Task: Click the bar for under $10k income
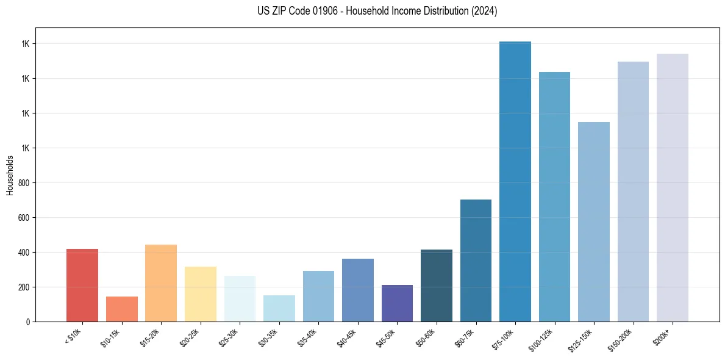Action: pyautogui.click(x=82, y=286)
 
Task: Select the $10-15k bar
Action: pyautogui.click(x=122, y=309)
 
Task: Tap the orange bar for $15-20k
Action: pyautogui.click(x=161, y=283)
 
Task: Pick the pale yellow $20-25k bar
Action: pyautogui.click(x=201, y=294)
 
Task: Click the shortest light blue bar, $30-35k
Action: pyautogui.click(x=279, y=309)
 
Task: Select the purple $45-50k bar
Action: pyautogui.click(x=397, y=303)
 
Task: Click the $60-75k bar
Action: pyautogui.click(x=476, y=261)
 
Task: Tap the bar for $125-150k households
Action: pyautogui.click(x=594, y=222)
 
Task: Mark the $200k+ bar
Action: pyautogui.click(x=673, y=188)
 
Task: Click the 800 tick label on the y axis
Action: pyautogui.click(x=24, y=183)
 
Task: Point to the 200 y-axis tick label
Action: pyautogui.click(x=24, y=287)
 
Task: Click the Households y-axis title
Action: pyautogui.click(x=10, y=175)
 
